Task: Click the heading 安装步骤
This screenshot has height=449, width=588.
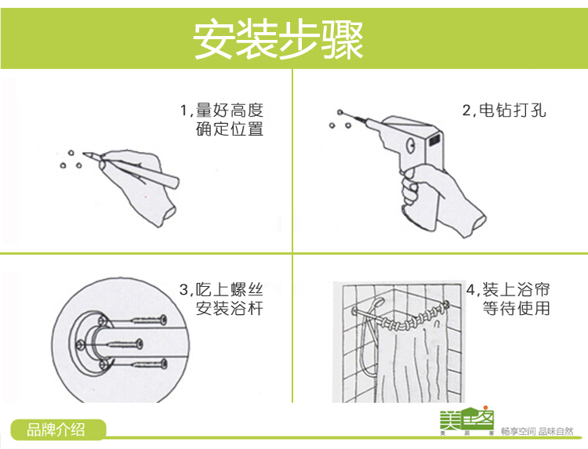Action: (278, 39)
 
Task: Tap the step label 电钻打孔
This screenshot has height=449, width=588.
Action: (512, 110)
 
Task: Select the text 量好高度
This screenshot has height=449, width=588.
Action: (229, 110)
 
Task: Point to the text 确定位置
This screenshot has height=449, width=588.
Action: (229, 129)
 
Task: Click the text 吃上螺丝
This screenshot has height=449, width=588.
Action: (229, 290)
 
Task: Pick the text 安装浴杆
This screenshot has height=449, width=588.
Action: (229, 309)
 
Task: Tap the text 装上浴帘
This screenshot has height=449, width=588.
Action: (516, 290)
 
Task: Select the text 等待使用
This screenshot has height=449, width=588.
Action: (516, 309)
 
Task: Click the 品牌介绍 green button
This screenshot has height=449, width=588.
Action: (58, 429)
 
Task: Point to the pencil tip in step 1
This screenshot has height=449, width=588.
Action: (84, 153)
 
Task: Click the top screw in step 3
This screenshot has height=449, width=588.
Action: (149, 320)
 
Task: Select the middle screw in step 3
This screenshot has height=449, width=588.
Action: (124, 344)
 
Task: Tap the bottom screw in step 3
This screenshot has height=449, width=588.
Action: (149, 363)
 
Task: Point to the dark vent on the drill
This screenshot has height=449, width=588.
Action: (434, 140)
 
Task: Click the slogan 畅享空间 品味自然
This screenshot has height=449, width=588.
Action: (537, 432)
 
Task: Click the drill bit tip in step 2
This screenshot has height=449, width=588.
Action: (340, 112)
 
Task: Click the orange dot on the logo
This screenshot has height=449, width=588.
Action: (485, 407)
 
